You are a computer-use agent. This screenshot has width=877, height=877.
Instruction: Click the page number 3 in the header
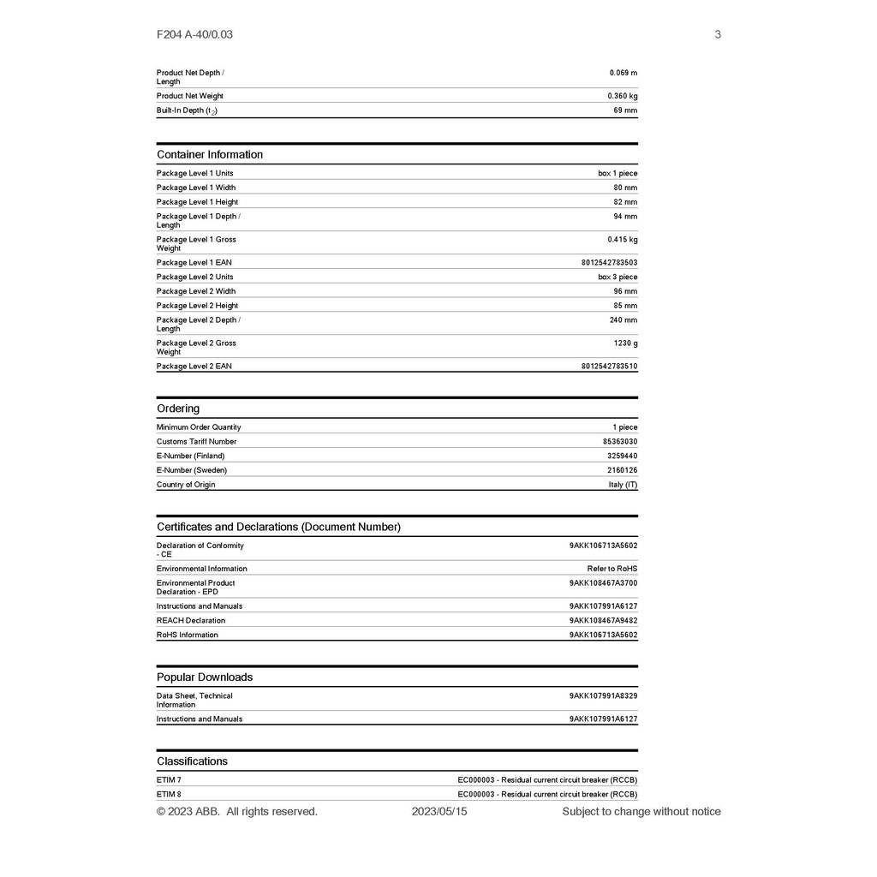coord(718,34)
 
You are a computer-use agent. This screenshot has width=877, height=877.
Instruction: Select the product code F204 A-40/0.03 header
coord(194,34)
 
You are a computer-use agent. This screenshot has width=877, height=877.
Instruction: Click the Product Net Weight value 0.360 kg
coord(623,96)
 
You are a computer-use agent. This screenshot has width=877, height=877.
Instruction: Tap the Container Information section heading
coord(210,154)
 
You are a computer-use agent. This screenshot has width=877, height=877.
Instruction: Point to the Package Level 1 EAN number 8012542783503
coord(609,263)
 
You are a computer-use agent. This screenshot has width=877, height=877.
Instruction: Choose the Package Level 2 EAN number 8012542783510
coord(609,367)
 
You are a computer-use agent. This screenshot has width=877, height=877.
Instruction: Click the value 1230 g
coord(625,343)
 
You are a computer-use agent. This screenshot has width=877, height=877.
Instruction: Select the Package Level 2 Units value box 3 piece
coord(617,277)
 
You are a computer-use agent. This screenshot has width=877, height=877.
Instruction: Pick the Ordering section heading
coord(178,409)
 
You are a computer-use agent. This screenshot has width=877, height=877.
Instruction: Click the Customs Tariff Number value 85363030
coord(620,442)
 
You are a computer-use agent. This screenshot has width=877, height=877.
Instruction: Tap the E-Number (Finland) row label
coord(190,456)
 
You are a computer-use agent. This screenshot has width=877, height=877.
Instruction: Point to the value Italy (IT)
coord(623,485)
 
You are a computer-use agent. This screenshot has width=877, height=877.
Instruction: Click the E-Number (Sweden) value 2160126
coord(623,470)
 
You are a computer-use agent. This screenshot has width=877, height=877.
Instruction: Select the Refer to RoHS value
coord(612,569)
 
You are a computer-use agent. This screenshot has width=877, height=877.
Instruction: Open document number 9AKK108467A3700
coord(603,583)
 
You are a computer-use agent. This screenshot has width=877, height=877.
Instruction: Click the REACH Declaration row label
coord(191,621)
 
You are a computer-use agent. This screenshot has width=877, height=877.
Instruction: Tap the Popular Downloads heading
coord(205,677)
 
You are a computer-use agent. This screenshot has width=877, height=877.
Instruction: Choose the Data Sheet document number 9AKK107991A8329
coord(603,696)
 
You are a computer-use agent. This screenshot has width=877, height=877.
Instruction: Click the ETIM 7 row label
coord(169,780)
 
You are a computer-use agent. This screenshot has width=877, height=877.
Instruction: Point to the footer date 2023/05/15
coord(439,811)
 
